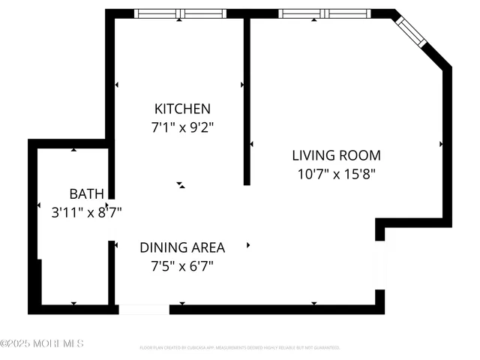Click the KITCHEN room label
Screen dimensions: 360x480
pos(182,109)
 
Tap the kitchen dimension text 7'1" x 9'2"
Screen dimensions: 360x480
pos(182,127)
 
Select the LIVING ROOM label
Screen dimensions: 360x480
pos(336,155)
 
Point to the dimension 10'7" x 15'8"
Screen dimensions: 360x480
pos(336,174)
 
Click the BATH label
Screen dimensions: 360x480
pos(87,193)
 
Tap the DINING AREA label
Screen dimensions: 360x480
pos(193,247)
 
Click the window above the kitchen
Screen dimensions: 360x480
pos(180,13)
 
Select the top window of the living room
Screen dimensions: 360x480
pos(324,13)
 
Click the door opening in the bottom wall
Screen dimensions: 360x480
pos(144,309)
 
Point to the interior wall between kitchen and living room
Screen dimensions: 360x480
pos(247,101)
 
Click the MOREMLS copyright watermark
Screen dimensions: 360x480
pos(42,343)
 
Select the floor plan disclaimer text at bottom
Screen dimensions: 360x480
pos(240,348)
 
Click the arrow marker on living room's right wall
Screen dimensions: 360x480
pos(441,143)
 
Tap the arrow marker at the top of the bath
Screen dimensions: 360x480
pos(73,150)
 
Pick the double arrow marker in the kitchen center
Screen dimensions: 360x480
pos(181,184)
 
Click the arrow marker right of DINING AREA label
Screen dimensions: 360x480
pos(248,244)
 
